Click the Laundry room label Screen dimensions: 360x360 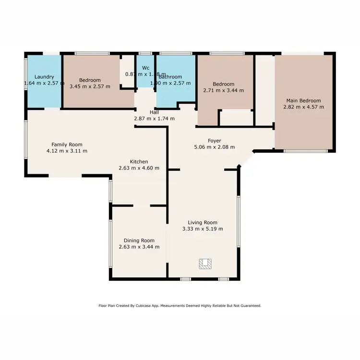tap(44, 77)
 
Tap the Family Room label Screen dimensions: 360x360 tap(67, 144)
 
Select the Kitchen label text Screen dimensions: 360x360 tap(139, 162)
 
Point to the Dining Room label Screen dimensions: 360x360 tap(139, 240)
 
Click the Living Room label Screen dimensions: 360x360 tap(203, 222)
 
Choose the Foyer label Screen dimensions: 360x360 tap(215, 141)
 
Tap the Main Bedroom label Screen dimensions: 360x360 tap(303, 100)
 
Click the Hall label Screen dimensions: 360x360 tap(154, 112)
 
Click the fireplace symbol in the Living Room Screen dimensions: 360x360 tap(205, 263)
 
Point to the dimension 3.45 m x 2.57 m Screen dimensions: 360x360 tap(90, 86)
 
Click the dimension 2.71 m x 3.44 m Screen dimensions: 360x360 tap(224, 90)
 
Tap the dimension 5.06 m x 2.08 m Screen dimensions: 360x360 tap(215, 147)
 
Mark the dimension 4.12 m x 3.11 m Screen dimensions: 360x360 tap(67, 151)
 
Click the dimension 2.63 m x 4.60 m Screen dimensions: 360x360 tap(139, 168)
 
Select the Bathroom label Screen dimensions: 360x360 tap(171, 77)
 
